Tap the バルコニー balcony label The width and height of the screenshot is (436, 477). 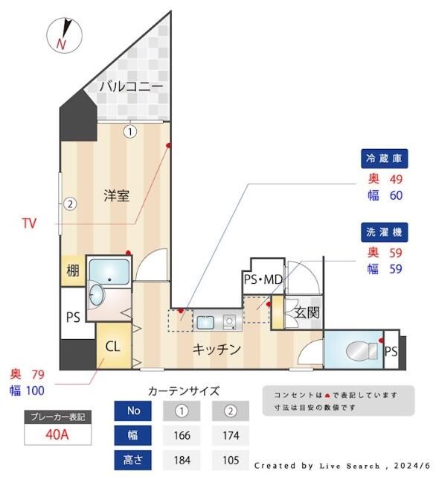coord(131,87)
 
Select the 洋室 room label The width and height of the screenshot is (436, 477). coord(117,196)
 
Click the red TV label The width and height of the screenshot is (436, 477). coord(29,223)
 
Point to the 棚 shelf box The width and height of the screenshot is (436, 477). coord(72,271)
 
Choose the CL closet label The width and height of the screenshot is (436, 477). coord(113,346)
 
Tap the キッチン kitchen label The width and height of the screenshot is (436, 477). coord(217,348)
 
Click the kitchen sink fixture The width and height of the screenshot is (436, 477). coord(205,322)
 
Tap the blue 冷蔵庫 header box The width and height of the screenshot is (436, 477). coord(385,159)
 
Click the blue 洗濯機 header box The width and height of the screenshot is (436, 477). coord(385,231)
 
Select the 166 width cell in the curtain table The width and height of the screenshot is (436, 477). coord(182,435)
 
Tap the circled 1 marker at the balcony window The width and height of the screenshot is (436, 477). coord(130,132)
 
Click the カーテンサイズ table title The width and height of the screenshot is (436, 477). coord(184,391)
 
